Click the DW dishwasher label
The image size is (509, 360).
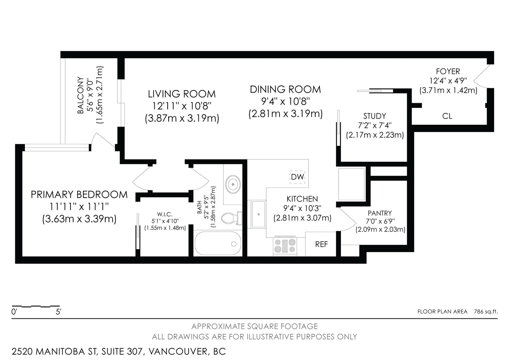pos(297,177)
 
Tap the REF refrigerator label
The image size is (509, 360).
pos(321,244)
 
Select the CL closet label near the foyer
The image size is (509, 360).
pos(447,116)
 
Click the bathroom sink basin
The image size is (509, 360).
pos(233,184)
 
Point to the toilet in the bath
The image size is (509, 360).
pos(232,218)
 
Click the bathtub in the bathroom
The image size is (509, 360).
pos(218,243)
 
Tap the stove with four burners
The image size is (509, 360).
pos(285,246)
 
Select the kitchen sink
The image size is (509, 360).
pos(258,214)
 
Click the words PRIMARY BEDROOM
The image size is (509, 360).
pos(79,195)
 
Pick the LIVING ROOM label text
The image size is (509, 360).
pos(182,94)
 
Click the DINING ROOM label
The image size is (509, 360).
pos(285,89)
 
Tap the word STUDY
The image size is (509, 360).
pos(374,116)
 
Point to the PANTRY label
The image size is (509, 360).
pos(380,213)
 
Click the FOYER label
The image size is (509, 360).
pos(448,72)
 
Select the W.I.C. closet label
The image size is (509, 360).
pos(165,214)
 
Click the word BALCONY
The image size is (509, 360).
pos(80,95)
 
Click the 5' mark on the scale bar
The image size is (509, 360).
pos(59,312)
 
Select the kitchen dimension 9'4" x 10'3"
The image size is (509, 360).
pos(302,208)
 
